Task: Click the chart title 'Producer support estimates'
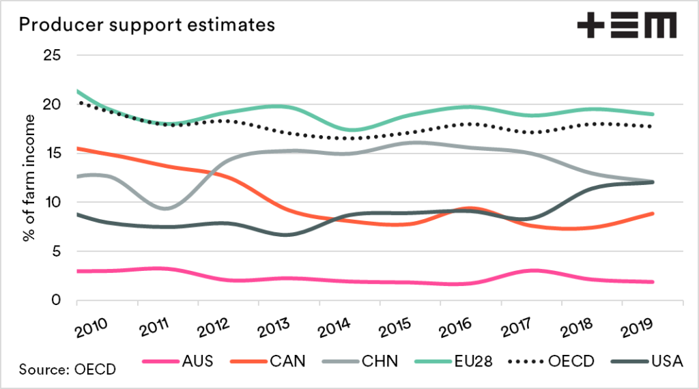[146, 25]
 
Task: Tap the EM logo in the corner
[627, 25]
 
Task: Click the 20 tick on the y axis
[53, 104]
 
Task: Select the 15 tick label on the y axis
[53, 153]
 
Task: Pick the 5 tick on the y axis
[56, 251]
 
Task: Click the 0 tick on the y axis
[56, 300]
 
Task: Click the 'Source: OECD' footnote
[67, 369]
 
